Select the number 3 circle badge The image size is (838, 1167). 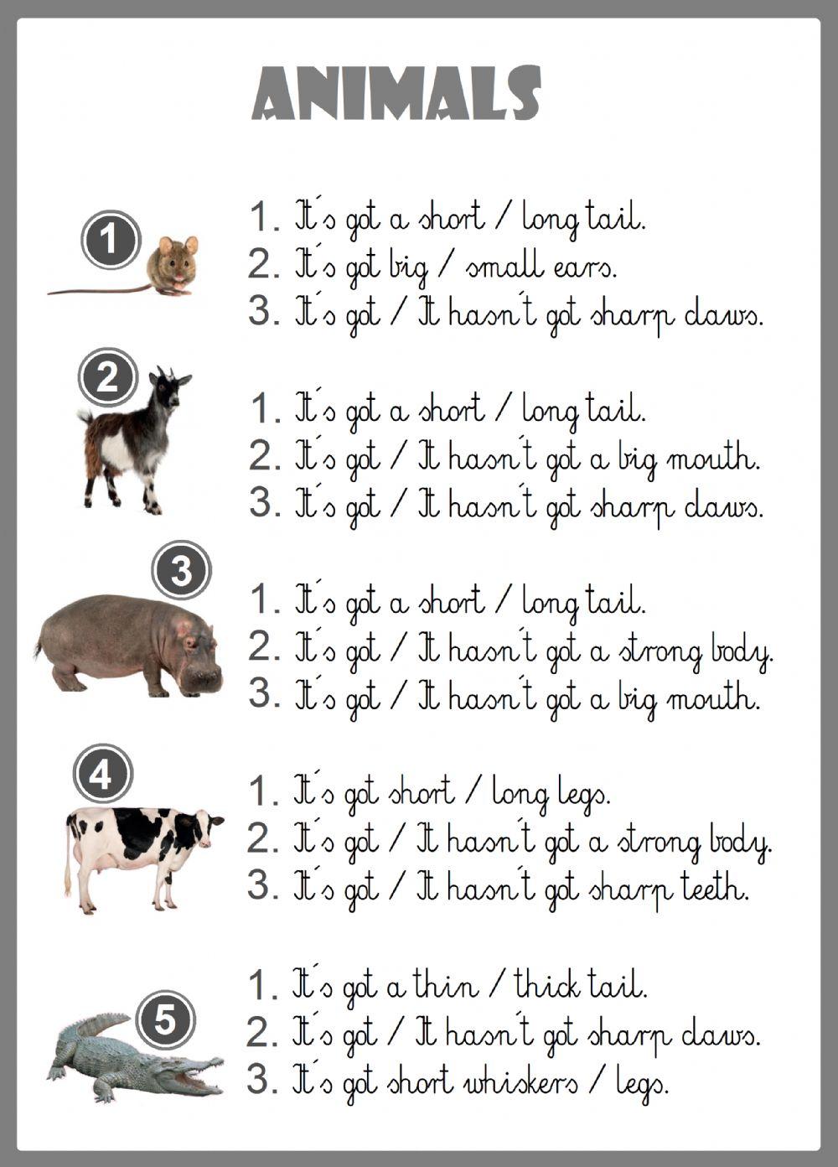(181, 571)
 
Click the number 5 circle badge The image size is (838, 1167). (164, 1019)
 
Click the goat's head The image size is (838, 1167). (168, 389)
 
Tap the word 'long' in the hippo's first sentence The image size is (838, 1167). (549, 602)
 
